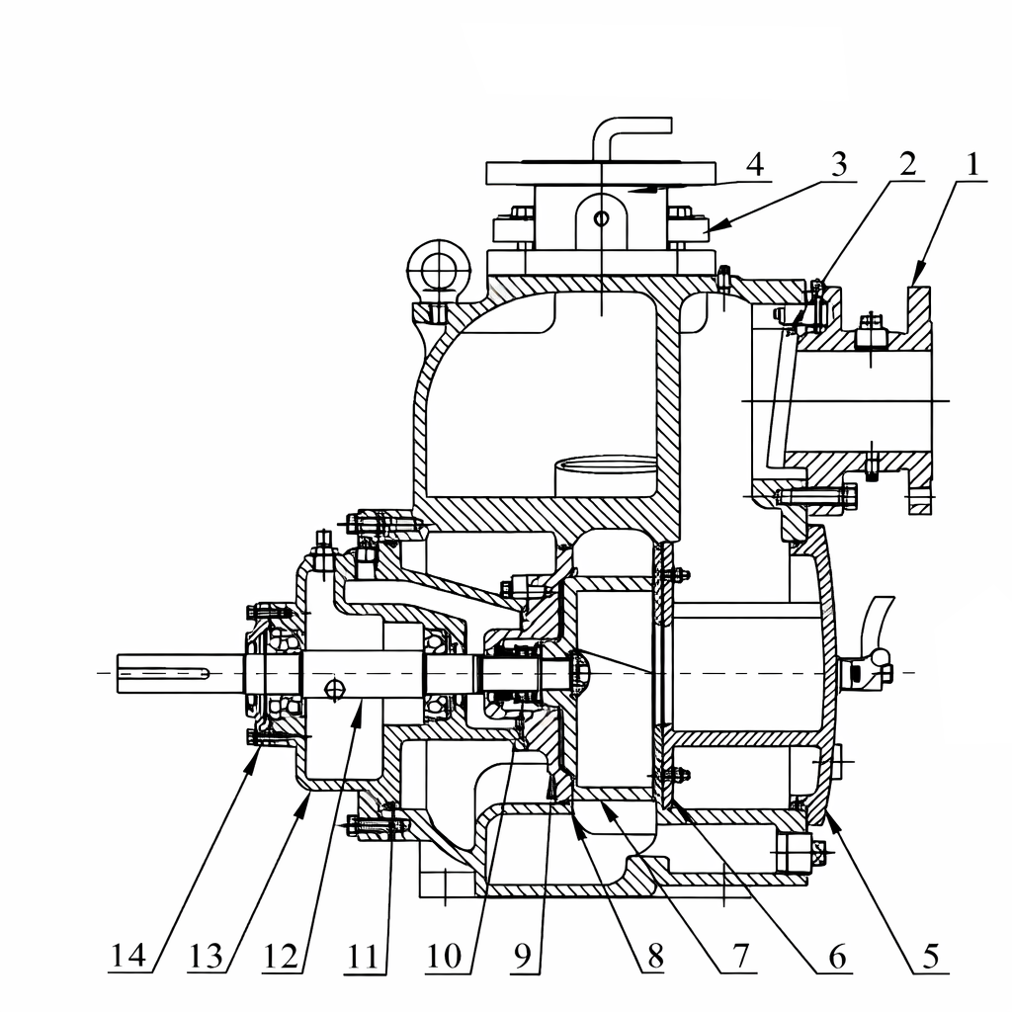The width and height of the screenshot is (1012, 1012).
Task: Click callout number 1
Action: click(972, 165)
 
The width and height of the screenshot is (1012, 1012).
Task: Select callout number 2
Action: click(907, 164)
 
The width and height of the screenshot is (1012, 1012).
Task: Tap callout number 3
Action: click(838, 165)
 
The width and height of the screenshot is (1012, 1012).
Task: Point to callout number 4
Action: click(754, 165)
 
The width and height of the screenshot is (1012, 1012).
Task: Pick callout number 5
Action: click(930, 956)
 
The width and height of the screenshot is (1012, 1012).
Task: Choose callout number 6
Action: click(837, 956)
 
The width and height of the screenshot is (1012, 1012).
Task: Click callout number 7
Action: click(739, 956)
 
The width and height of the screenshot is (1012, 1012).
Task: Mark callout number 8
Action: click(655, 956)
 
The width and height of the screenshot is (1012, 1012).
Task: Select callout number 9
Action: click(523, 956)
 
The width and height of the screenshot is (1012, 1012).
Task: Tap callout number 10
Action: click(444, 956)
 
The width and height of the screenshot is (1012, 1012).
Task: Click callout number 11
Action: click(363, 956)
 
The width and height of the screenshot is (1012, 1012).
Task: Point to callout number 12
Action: click(281, 956)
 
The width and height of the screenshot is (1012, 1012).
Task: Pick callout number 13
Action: click(206, 956)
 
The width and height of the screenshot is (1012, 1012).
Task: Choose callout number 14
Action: click(129, 956)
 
